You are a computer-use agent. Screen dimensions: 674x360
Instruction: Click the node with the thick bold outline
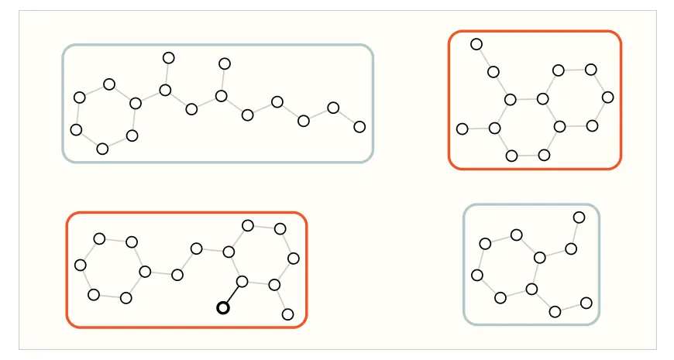223,307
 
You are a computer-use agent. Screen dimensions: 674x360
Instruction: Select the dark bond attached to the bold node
232,294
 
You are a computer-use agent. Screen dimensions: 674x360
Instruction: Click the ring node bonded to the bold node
242,281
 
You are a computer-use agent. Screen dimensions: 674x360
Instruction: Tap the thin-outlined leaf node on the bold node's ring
287,314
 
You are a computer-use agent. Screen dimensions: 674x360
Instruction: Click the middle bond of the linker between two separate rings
187,262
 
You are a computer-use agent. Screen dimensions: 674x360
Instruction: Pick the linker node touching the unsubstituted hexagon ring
177,275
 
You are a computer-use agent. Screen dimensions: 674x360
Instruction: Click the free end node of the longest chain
359,126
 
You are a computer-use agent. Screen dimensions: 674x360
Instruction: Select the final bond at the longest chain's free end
346,117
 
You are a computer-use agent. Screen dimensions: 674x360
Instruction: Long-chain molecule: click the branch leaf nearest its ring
168,58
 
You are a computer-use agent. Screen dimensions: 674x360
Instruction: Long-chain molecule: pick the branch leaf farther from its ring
225,63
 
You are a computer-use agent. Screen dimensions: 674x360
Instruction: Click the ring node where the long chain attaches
136,103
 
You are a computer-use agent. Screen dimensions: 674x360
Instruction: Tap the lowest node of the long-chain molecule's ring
102,149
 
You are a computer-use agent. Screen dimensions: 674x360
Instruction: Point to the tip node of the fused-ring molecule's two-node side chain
476,44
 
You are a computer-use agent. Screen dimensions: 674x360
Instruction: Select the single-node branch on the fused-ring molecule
463,129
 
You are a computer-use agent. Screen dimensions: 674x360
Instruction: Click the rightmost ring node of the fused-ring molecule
608,97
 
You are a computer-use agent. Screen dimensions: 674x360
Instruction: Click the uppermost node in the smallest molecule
579,217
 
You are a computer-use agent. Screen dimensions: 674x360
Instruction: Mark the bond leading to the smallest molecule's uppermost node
575,232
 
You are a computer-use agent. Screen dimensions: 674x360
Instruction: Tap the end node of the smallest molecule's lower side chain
586,303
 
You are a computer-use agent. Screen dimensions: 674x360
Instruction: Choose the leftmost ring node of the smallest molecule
477,275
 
